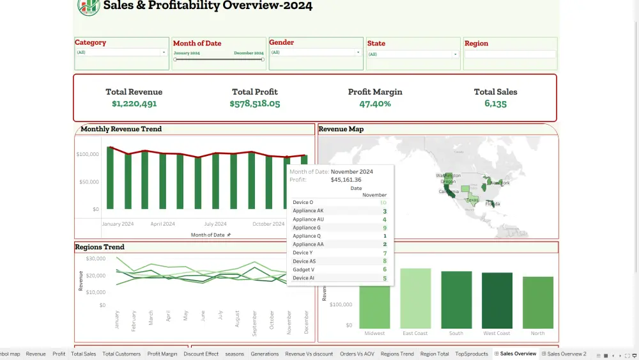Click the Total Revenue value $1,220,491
tap(134, 104)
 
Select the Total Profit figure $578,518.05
tap(255, 104)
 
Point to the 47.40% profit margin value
tap(375, 104)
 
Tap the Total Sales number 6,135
tap(495, 104)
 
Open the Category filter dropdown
tap(121, 52)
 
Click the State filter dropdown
tap(413, 54)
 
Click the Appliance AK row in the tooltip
tap(308, 211)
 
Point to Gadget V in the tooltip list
tap(303, 270)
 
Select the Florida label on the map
tap(493, 204)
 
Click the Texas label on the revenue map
tap(472, 200)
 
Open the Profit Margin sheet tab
tap(162, 354)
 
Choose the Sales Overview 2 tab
tap(566, 354)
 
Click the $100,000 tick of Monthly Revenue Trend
tap(88, 154)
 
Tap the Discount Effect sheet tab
tap(201, 354)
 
